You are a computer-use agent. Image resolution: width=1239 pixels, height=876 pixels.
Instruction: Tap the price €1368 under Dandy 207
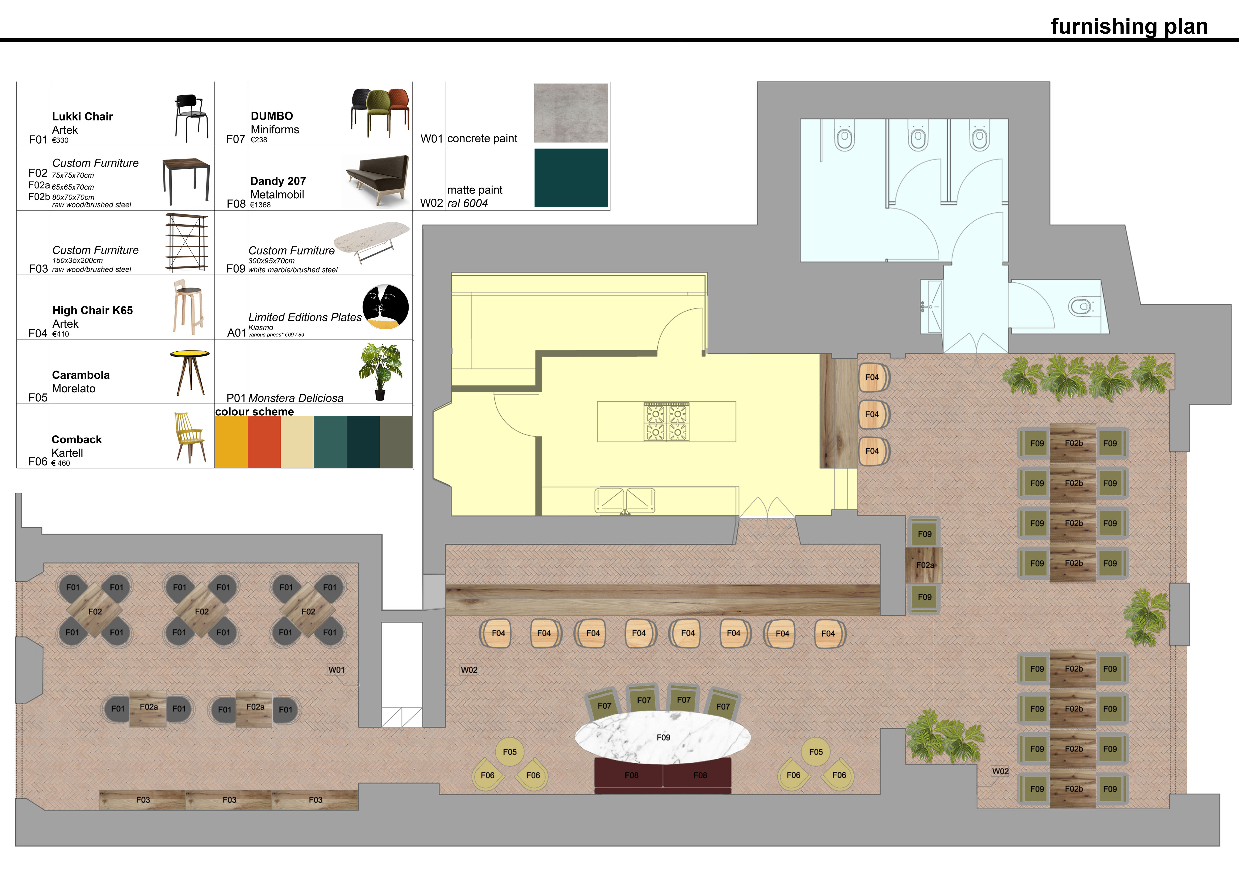coord(261,205)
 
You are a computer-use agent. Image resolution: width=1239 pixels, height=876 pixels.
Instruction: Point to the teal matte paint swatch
coord(571,178)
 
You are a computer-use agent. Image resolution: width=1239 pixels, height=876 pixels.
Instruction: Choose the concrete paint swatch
coord(571,113)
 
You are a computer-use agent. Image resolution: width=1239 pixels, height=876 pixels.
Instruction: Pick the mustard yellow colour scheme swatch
coord(231,442)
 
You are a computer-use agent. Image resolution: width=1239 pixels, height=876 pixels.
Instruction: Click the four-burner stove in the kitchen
coord(666,422)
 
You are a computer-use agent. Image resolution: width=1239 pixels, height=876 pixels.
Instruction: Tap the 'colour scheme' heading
coord(255,412)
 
